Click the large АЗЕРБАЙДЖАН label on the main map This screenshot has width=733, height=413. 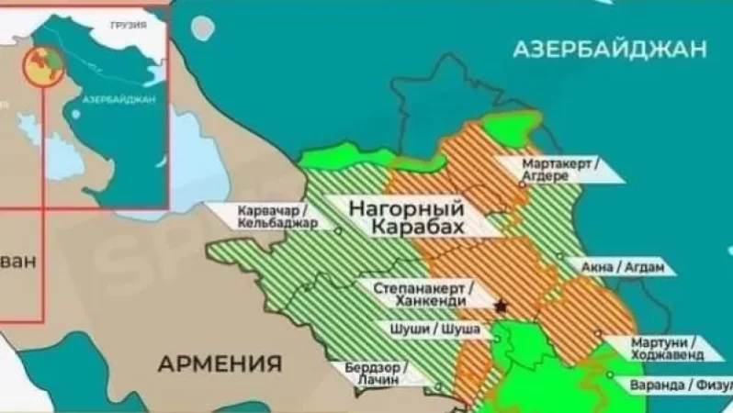pyautogui.click(x=614, y=49)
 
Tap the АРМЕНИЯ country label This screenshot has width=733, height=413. pyautogui.click(x=220, y=363)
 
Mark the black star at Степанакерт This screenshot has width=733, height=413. pyautogui.click(x=501, y=305)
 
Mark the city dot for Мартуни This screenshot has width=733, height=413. pyautogui.click(x=597, y=334)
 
